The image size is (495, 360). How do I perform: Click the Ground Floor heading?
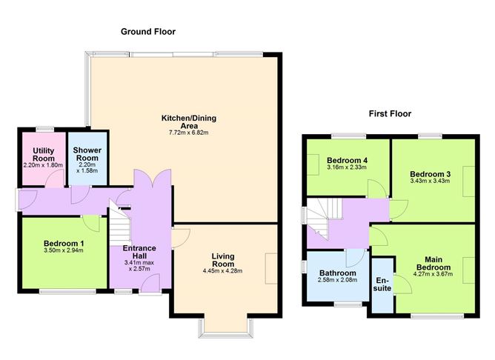148,32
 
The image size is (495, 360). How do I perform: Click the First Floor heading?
390,113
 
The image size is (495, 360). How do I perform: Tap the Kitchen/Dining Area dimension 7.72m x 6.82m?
189,133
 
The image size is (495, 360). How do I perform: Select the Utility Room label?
44,155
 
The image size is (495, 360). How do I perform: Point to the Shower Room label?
87,154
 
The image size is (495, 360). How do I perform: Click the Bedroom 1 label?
64,244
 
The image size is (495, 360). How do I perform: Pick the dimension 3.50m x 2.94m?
64,250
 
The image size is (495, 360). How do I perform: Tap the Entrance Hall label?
139,252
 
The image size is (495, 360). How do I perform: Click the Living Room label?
223,260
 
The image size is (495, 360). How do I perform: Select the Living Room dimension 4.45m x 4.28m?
223,270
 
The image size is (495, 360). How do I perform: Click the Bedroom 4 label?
347,160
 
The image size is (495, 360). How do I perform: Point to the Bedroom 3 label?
430,174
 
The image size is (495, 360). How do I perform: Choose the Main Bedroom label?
433,264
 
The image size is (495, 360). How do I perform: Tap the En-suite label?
382,284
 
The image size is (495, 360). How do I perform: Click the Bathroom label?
337,273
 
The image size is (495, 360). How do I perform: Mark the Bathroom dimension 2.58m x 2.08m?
337,280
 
